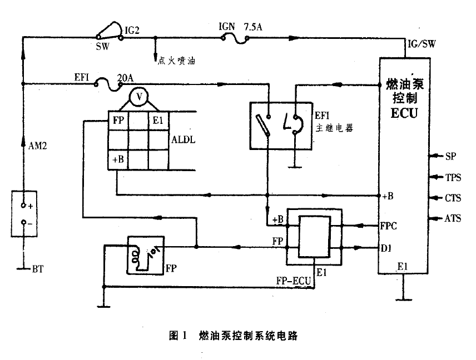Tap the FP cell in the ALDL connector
point(117,120)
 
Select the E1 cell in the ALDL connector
point(158,120)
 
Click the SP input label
point(450,157)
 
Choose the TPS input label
point(453,178)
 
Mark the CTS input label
point(453,198)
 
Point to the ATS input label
point(453,218)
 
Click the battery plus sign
point(31,206)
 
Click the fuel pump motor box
point(146,254)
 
